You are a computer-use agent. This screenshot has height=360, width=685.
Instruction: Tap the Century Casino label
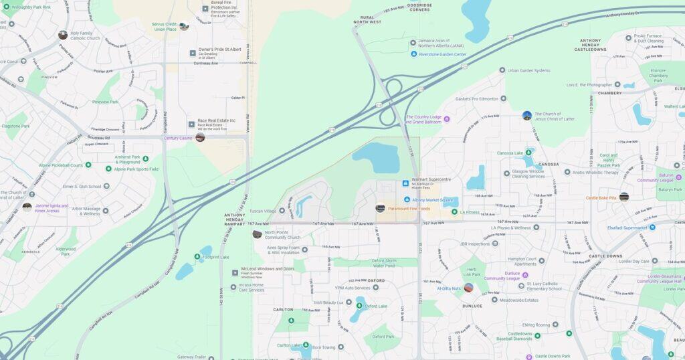(178, 138)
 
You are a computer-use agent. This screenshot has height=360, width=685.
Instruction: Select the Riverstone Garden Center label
(443, 54)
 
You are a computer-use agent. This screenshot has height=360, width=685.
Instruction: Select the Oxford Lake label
(375, 306)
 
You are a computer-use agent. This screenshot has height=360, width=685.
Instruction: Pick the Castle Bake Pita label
(601, 197)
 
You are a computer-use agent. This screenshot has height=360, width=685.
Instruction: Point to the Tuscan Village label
(262, 211)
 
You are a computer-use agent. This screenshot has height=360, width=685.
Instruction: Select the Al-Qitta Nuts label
(449, 288)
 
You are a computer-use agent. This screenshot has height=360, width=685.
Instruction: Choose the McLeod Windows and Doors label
(267, 269)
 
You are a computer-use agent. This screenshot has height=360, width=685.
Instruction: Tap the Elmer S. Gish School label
(82, 187)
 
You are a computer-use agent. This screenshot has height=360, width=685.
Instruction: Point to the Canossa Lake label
(510, 153)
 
